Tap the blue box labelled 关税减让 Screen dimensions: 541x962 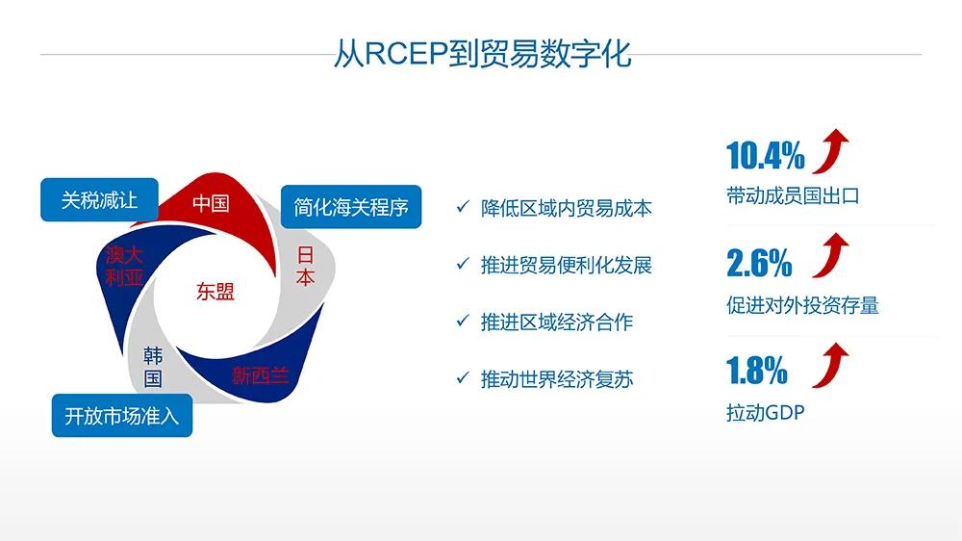(99, 200)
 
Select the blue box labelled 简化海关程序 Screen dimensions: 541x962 (351, 207)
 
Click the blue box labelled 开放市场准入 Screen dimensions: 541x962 (121, 417)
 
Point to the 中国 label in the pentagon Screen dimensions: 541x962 (210, 203)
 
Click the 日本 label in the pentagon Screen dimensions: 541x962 (305, 267)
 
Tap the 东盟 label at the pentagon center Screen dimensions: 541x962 (215, 292)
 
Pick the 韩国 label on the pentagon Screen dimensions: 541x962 (153, 367)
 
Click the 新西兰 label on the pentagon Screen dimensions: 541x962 (260, 375)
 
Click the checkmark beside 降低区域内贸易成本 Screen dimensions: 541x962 (462, 207)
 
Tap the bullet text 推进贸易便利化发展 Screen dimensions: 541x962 (566, 265)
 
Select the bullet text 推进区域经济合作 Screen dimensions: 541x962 (556, 322)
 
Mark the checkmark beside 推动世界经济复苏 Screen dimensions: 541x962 (462, 379)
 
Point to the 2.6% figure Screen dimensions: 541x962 (759, 262)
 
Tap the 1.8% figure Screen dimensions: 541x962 (756, 370)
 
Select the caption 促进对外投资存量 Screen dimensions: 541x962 (802, 306)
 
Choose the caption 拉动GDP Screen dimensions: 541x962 (765, 414)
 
